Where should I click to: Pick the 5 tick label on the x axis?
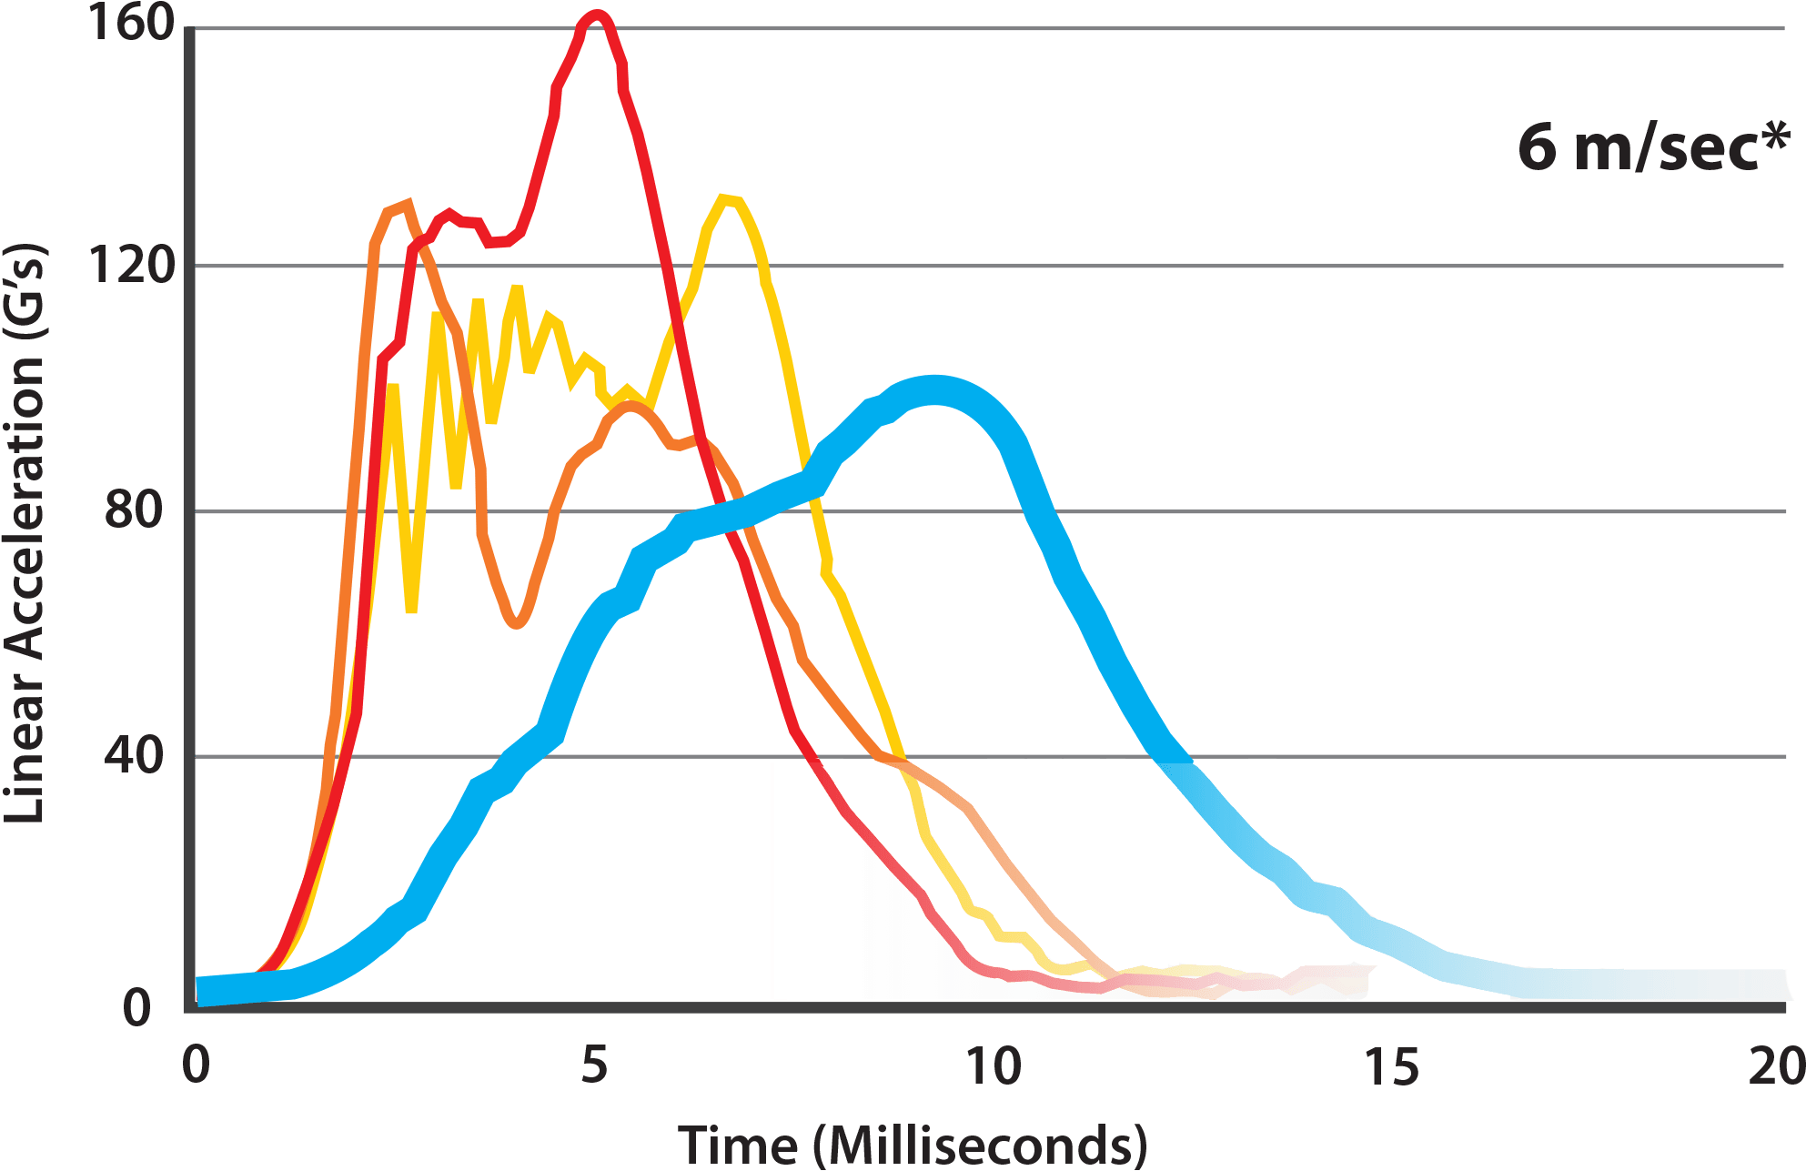[x=594, y=1065]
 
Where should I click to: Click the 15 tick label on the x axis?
[x=1392, y=1065]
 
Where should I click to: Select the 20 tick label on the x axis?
[x=1776, y=1065]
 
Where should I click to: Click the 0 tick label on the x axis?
[x=195, y=1065]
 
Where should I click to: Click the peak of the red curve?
[x=597, y=15]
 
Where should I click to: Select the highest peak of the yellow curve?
[x=725, y=197]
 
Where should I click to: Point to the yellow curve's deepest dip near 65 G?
[x=411, y=611]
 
